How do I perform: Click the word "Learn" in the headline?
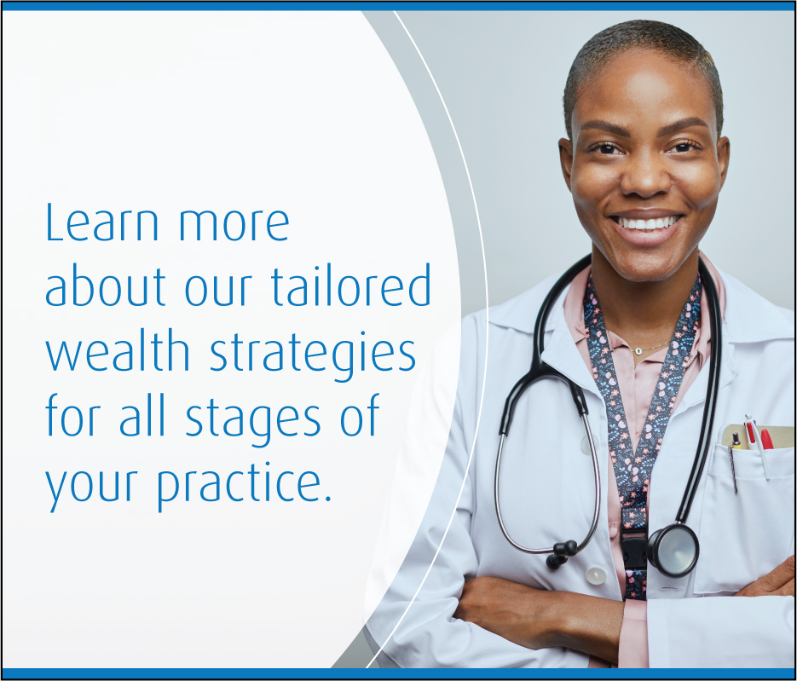pyautogui.click(x=102, y=222)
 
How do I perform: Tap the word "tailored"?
pyautogui.click(x=351, y=286)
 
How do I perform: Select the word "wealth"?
pyautogui.click(x=118, y=349)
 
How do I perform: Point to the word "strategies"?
pyautogui.click(x=313, y=355)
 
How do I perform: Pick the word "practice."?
pyautogui.click(x=244, y=484)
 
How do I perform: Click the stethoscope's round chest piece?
pyautogui.click(x=673, y=551)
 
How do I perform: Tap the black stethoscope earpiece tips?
pyautogui.click(x=561, y=553)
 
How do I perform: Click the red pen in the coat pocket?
pyautogui.click(x=766, y=439)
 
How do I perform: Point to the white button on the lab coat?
pyautogui.click(x=595, y=576)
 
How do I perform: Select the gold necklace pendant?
pyautogui.click(x=638, y=350)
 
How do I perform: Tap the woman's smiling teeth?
pyautogui.click(x=646, y=222)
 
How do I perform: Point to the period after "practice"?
pyautogui.click(x=327, y=498)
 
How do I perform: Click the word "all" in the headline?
pyautogui.click(x=142, y=415)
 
